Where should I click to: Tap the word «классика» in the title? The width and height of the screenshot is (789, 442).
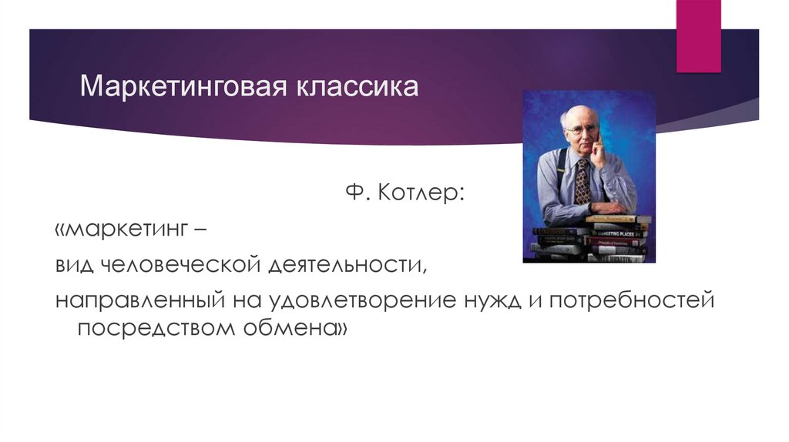coord(356,86)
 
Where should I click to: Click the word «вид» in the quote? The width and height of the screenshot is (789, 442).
coord(73,266)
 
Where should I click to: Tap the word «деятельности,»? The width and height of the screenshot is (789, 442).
coord(349,266)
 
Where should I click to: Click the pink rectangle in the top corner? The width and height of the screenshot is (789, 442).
coord(698,35)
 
